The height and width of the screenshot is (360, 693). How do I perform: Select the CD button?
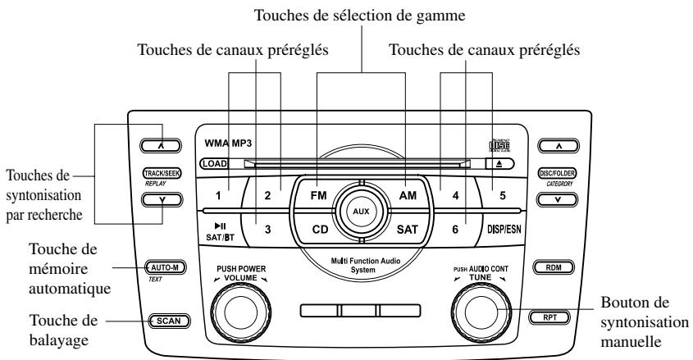tap(321, 230)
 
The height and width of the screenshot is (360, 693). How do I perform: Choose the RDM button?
tap(551, 267)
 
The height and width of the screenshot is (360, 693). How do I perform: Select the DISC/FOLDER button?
tap(551, 175)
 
